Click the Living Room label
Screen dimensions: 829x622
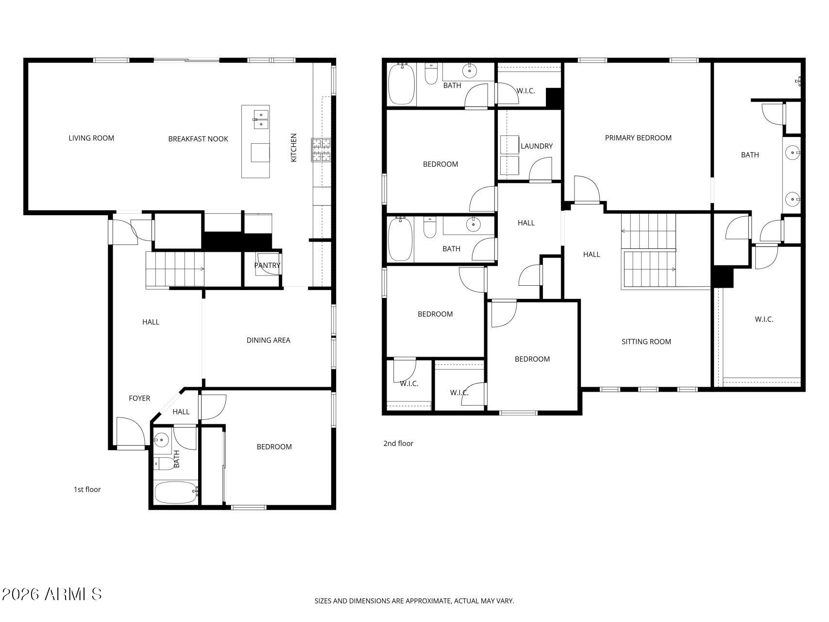tap(91, 138)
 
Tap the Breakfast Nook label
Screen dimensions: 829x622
tap(198, 139)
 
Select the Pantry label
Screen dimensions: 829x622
tap(267, 265)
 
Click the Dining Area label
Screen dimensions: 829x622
tap(268, 340)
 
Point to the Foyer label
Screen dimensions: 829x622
tap(139, 398)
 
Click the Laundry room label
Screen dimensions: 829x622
tap(537, 146)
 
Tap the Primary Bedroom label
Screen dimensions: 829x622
tap(638, 138)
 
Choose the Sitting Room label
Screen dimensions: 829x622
tap(646, 342)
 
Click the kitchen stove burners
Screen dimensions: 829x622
tap(321, 150)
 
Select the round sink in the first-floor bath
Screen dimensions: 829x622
tap(161, 440)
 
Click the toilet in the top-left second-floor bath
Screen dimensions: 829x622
tap(431, 73)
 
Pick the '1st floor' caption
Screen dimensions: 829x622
tap(87, 489)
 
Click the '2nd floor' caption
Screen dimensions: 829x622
tap(398, 443)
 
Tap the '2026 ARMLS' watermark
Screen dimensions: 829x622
tap(52, 594)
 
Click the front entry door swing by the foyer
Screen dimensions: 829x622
tap(131, 432)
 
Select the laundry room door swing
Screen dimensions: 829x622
tap(541, 169)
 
